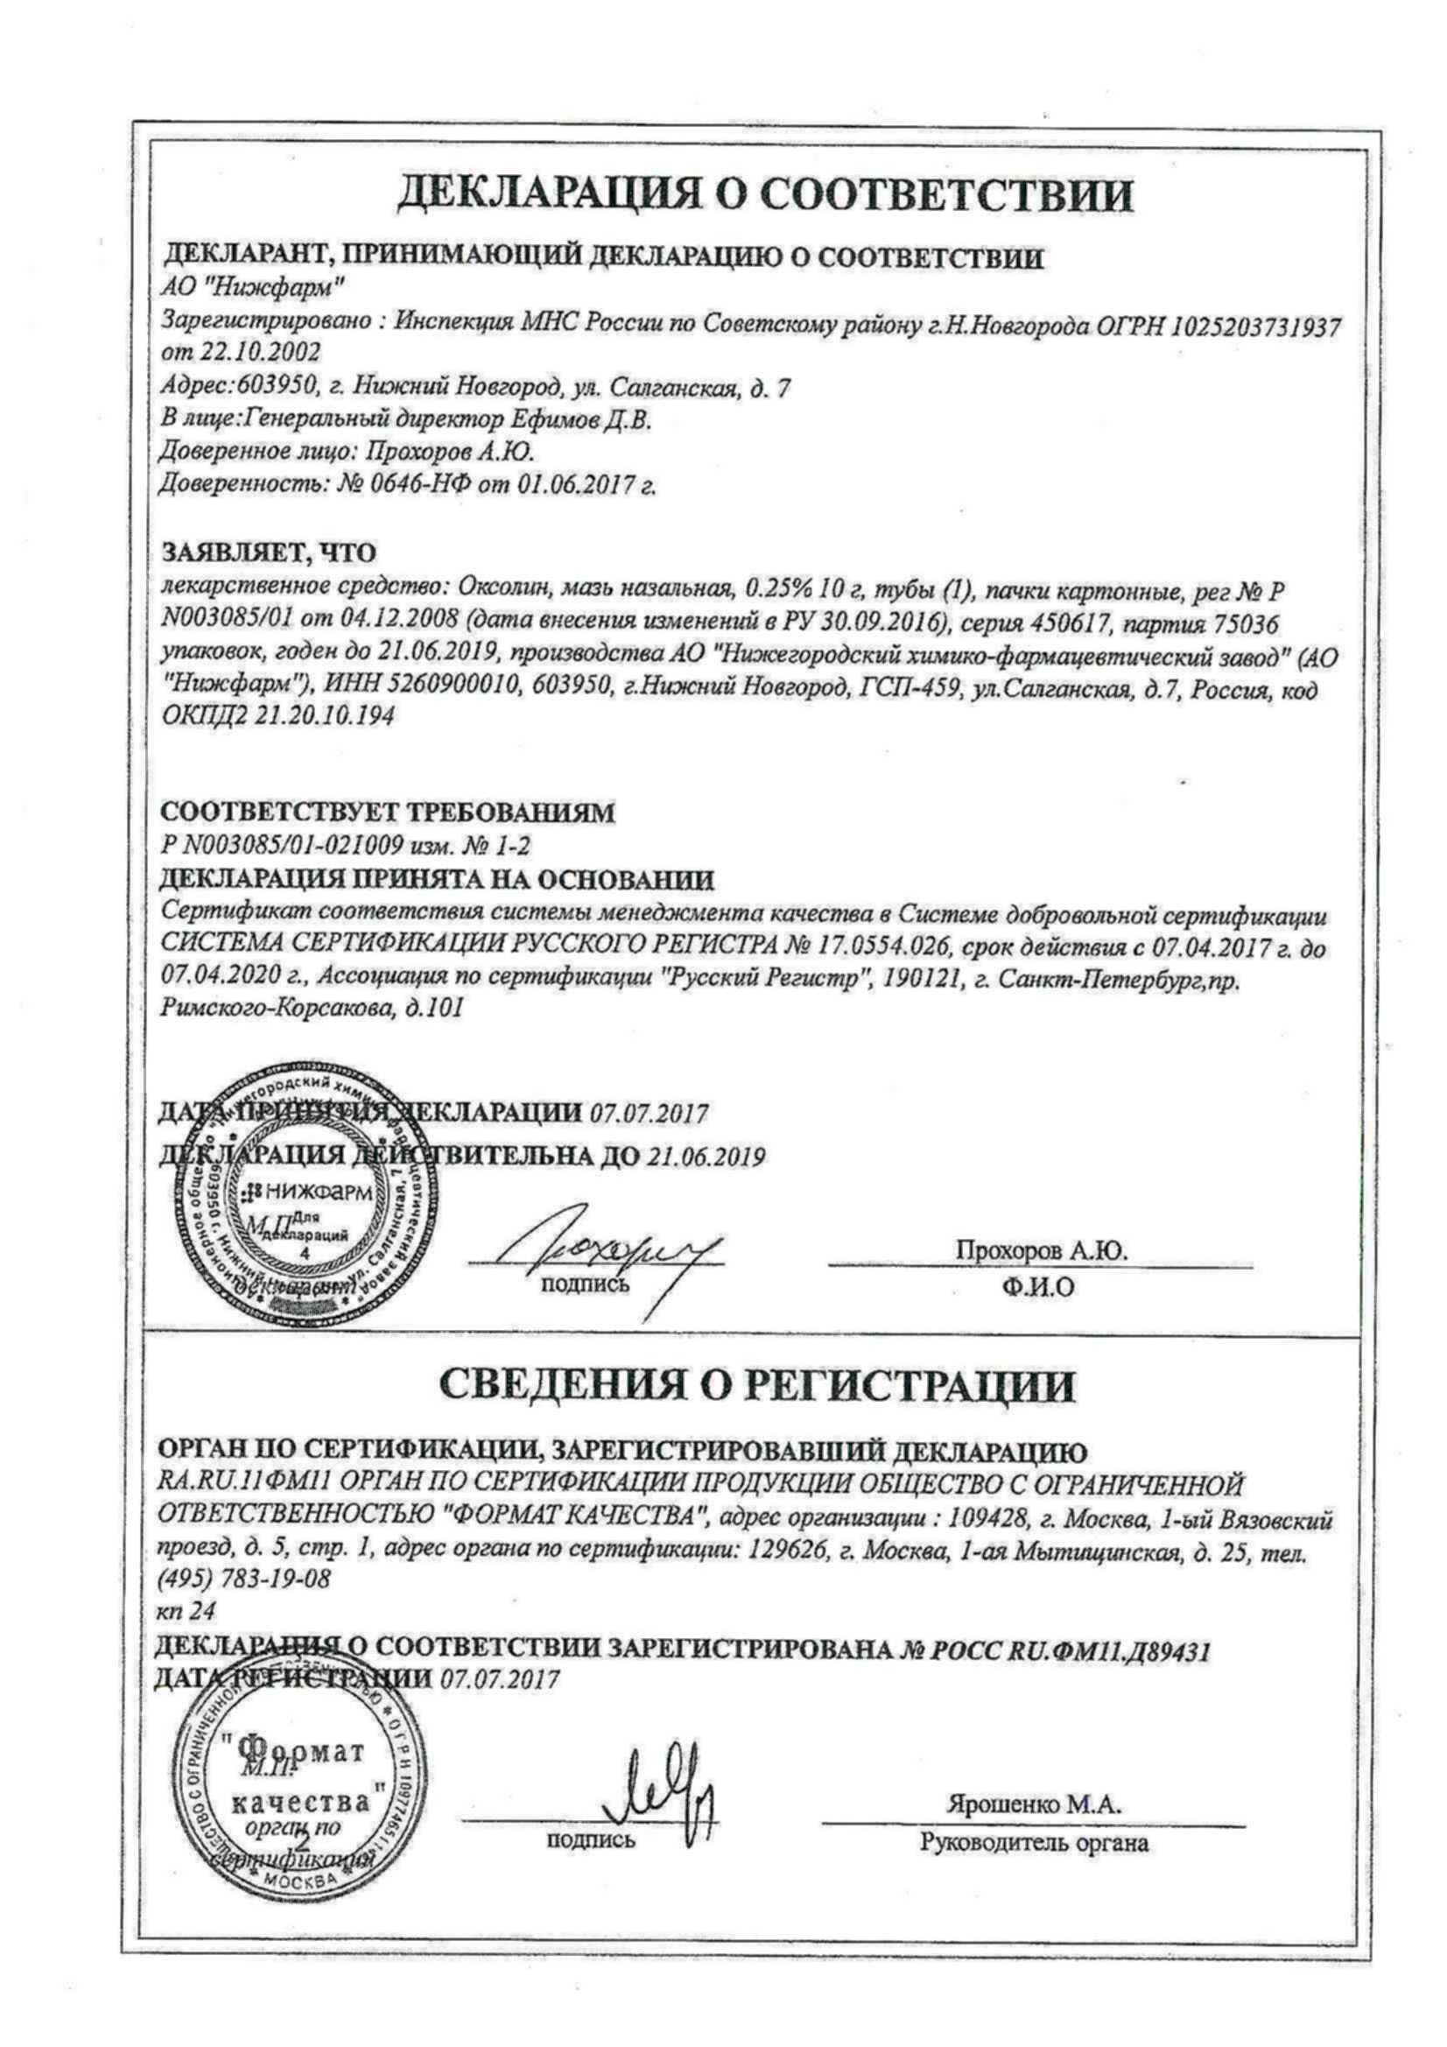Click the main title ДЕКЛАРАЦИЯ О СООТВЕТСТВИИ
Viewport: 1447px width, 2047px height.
[764, 194]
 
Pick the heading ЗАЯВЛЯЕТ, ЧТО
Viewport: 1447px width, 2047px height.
[269, 552]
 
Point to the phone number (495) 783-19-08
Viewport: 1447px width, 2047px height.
[243, 1579]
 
